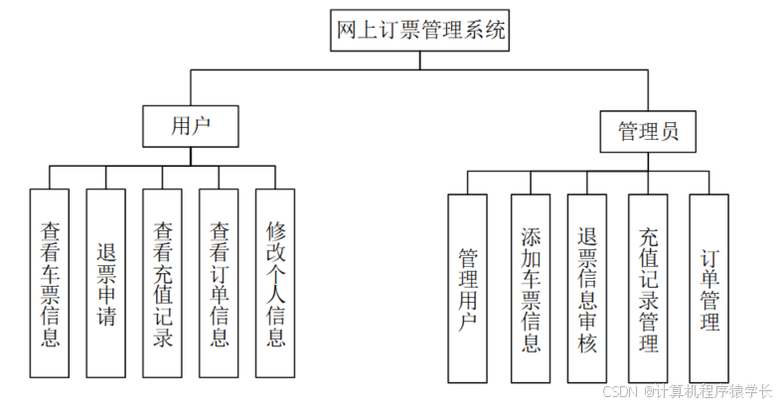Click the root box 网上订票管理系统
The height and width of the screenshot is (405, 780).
pos(421,30)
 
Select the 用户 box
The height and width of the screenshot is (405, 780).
pos(191,126)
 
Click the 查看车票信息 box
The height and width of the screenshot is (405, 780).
pos(50,284)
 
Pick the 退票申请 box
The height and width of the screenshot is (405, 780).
pos(106,284)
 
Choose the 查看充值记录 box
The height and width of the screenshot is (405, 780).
pos(163,284)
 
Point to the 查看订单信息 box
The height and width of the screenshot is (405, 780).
pos(220,284)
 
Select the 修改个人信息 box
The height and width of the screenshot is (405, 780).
pos(275,284)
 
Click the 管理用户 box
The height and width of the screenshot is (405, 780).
pos(467,288)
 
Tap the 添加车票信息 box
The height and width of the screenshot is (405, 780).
pos(531,288)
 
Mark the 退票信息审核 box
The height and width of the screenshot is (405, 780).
pos(587,288)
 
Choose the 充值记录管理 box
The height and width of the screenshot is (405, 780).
pos(648,288)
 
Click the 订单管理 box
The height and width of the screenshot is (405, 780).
pos(709,288)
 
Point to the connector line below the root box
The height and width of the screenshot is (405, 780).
pos(420,60)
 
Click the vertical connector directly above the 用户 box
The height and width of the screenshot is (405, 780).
pos(191,87)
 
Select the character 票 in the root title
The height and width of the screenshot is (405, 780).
pos(403,31)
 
